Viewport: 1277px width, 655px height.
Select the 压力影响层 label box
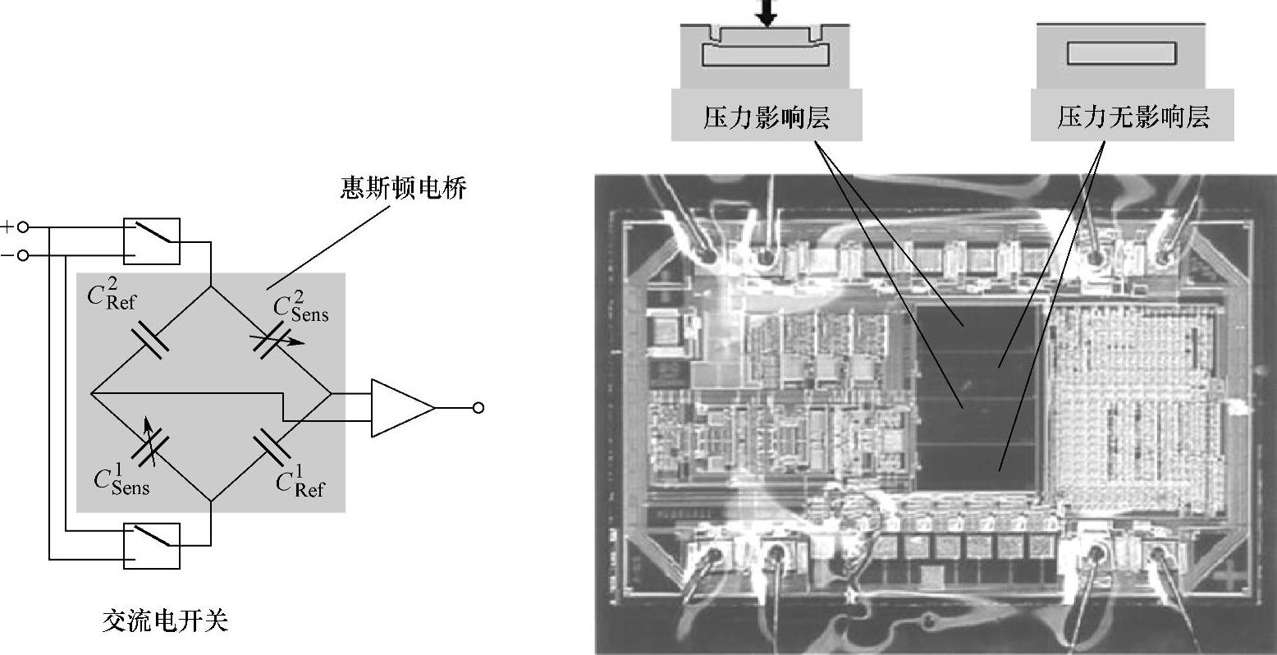[767, 116]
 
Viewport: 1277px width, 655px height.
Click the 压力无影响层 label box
[1133, 116]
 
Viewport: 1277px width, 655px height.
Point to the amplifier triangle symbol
[401, 407]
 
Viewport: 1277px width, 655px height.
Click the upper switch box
[152, 241]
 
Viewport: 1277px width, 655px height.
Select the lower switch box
[152, 545]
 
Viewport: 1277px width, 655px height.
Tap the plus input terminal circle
[23, 227]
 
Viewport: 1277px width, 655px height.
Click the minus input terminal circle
[23, 256]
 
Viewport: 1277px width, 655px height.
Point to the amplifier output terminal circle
[478, 407]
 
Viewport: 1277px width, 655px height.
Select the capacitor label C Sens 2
[300, 308]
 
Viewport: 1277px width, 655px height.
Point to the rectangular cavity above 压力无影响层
[1121, 53]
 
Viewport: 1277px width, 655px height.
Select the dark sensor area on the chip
[977, 394]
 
